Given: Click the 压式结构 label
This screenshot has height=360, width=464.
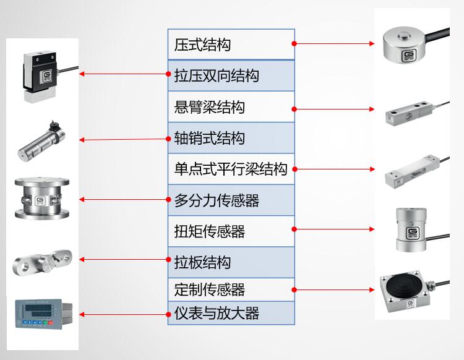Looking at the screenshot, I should click(x=203, y=45).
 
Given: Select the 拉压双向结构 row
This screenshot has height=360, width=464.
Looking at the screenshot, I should click(x=217, y=76).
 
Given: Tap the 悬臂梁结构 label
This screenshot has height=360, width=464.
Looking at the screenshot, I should click(x=210, y=107).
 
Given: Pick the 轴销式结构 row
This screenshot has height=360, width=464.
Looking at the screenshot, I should click(x=210, y=138).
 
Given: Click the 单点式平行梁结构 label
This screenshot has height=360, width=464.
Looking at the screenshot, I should click(x=231, y=169).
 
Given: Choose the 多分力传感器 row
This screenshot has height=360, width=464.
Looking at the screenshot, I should click(x=217, y=200).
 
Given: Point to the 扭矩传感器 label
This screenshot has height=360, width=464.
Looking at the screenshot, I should click(x=210, y=231).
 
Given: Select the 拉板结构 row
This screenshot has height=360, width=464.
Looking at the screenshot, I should click(x=203, y=262).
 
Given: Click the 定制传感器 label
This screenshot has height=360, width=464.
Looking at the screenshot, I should click(x=210, y=289).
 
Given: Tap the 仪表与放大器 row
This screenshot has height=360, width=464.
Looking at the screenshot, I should click(x=217, y=313).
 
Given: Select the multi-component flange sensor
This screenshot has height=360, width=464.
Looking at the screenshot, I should click(x=41, y=199).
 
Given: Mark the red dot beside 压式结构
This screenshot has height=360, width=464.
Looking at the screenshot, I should click(x=294, y=43).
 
